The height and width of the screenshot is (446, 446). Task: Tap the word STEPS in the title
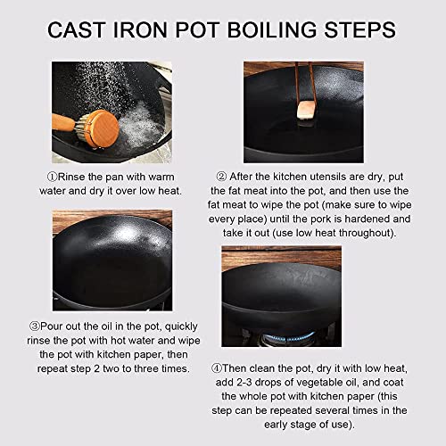pos(359,29)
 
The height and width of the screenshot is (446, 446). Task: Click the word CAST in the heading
pos(77,29)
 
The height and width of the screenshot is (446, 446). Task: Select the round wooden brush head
pos(101,128)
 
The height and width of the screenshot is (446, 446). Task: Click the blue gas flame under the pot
pos(287,337)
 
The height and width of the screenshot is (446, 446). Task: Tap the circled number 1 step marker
pos(52,177)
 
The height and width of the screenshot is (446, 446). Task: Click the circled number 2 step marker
pos(221,177)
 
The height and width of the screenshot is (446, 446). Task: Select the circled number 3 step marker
pos(35,326)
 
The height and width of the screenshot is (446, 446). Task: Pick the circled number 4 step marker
pos(217,368)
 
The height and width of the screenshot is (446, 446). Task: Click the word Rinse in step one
pos(71,177)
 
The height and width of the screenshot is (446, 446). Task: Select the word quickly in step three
pos(181,326)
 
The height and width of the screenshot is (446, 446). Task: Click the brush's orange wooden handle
pos(63,122)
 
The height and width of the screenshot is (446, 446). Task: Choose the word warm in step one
pos(161,178)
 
